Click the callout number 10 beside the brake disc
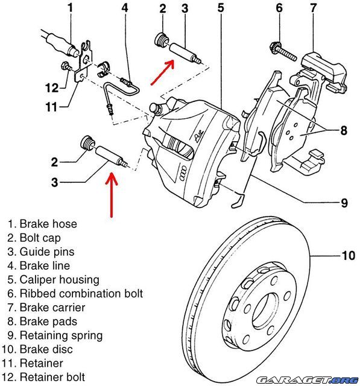pos(348,256)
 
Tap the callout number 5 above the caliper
pos(221,8)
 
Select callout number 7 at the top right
pos(313,8)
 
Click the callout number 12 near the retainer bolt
pos(52,87)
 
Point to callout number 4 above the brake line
pos(124,8)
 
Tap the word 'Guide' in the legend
pos(34,252)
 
